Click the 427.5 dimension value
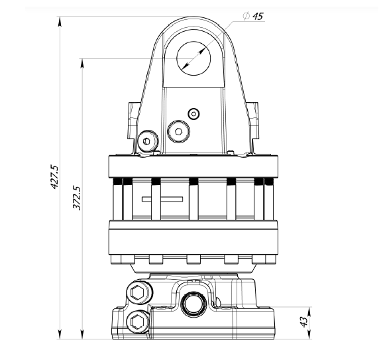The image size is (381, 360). [x=54, y=177]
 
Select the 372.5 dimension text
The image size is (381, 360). [x=77, y=198]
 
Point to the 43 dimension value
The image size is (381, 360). [x=303, y=322]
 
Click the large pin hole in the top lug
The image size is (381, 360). [x=193, y=58]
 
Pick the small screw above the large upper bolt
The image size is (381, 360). [x=193, y=114]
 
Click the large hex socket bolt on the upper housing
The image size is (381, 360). [x=179, y=131]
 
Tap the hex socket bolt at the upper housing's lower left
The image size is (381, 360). [x=147, y=141]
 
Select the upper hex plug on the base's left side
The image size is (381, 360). [x=138, y=292]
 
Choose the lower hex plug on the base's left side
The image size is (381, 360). [x=138, y=322]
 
